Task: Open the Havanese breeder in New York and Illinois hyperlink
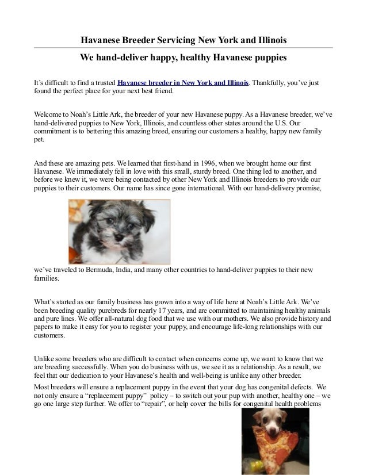click(x=183, y=83)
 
